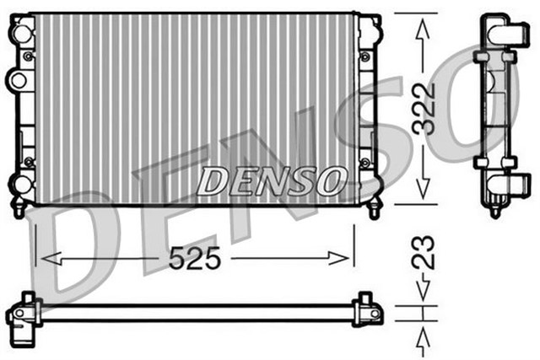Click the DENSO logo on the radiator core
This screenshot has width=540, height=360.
pos(273,179)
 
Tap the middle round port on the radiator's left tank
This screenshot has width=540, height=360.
pos(17,80)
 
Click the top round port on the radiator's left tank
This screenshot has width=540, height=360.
pos(18,32)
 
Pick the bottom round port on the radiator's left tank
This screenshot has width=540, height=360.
pos(18,184)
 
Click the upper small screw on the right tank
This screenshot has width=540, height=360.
pos(364,56)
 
